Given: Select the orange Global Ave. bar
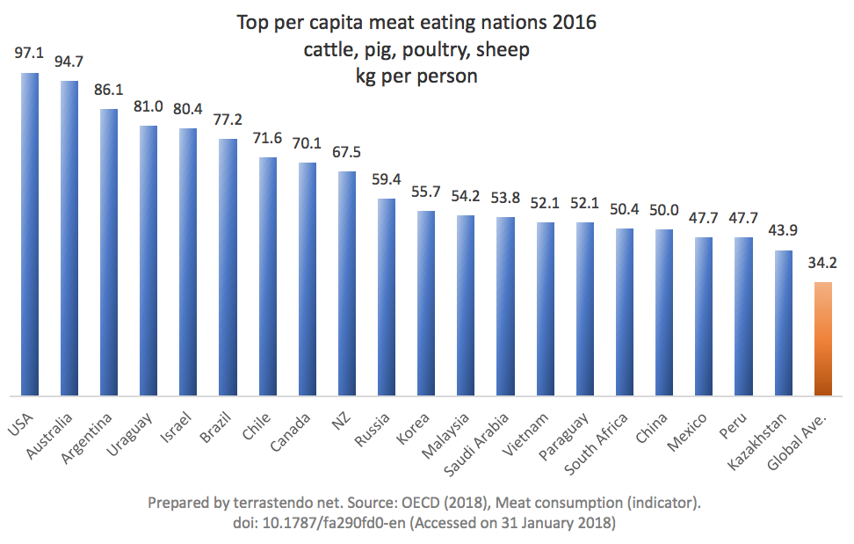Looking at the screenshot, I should coord(822,339).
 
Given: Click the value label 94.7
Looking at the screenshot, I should coord(69,62).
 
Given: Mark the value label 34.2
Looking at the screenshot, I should coord(822,263).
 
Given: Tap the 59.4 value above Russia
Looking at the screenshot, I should coord(387,179).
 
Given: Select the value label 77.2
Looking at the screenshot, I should coord(228,120).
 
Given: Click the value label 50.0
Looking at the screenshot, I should coord(664,210).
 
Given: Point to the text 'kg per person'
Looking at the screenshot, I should coord(416,76).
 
